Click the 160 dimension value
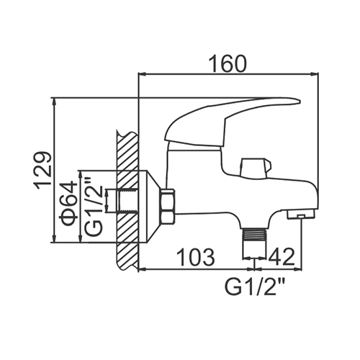[x=228, y=63]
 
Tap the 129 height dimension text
[x=42, y=171]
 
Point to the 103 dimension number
[x=196, y=257]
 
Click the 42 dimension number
[x=282, y=257]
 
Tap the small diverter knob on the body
[x=256, y=168]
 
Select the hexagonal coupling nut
[x=168, y=207]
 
